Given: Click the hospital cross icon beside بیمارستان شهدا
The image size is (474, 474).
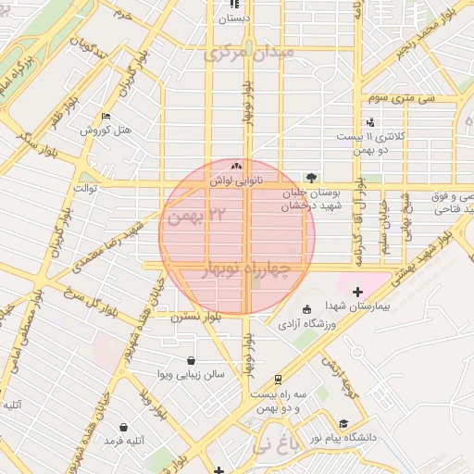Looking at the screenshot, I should click(358, 292).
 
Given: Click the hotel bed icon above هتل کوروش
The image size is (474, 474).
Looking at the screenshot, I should click(106, 117).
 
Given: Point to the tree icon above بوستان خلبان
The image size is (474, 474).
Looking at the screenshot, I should click(310, 176).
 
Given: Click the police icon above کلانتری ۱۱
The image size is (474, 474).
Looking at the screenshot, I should click(370, 121).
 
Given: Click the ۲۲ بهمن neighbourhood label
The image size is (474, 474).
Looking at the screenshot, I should click(206, 214).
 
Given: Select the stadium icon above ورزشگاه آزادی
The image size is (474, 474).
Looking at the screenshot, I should click(307, 309).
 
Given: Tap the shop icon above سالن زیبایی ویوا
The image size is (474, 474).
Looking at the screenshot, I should click(191, 360).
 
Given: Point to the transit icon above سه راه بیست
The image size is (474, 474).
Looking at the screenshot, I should click(278, 379).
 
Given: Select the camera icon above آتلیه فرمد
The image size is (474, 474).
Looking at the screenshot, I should click(124, 427).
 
